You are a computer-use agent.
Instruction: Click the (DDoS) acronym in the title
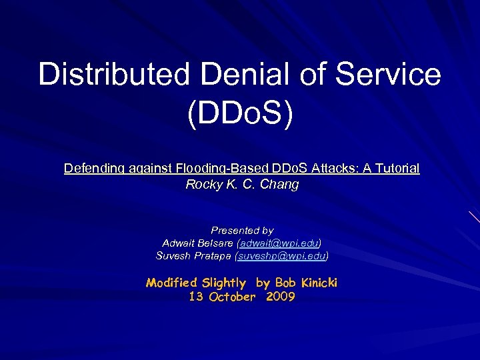(240, 115)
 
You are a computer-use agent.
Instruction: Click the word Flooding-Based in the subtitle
(221, 169)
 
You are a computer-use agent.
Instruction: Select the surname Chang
(281, 185)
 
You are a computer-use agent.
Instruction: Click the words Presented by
(242, 230)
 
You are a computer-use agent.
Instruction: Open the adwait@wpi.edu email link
(280, 243)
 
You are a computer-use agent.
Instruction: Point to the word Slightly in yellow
(225, 283)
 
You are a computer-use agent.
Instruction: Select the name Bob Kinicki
(305, 283)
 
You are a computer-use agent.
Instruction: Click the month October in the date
(231, 297)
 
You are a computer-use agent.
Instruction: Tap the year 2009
(280, 297)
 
